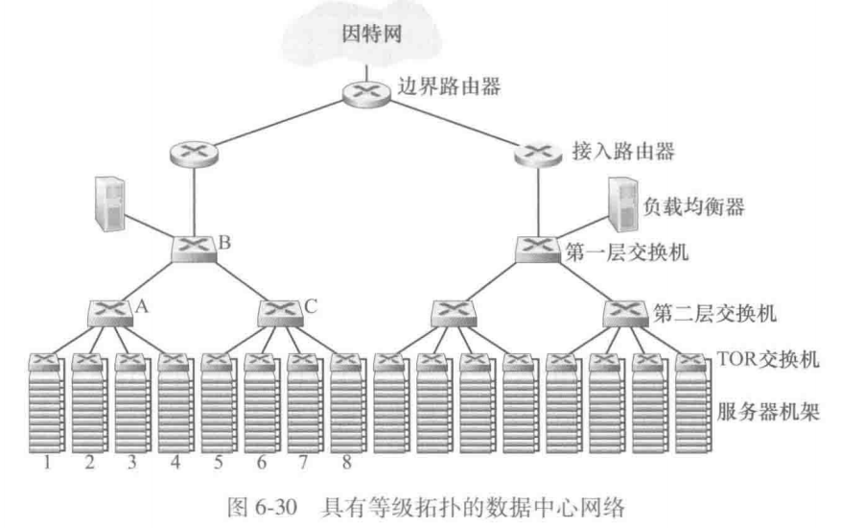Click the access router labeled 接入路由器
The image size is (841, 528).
[538, 151]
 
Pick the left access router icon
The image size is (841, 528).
[194, 151]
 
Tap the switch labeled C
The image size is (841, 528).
[281, 312]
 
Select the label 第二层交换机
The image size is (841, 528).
[702, 311]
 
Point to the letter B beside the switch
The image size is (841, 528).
[225, 242]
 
